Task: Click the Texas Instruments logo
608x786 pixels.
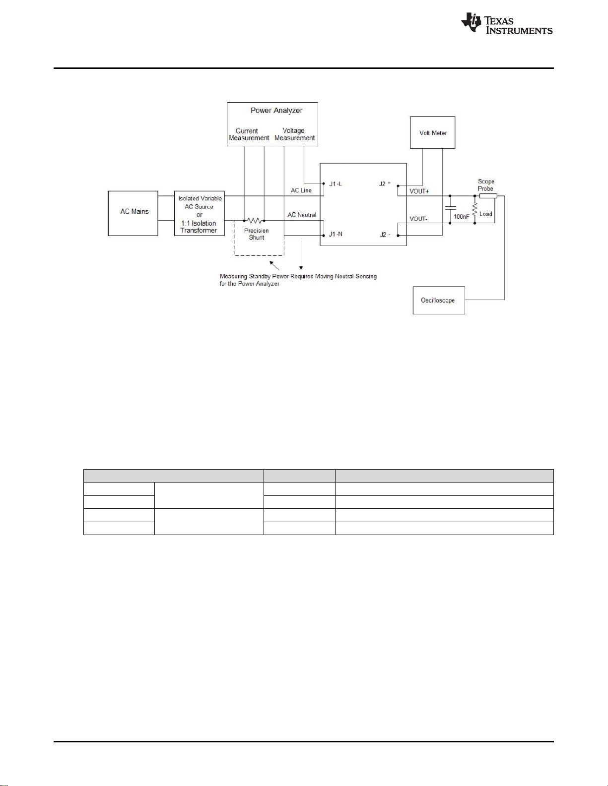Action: click(507, 23)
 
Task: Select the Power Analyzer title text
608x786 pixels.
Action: click(276, 111)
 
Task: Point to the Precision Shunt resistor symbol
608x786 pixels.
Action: click(254, 220)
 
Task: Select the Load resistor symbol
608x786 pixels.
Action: click(475, 209)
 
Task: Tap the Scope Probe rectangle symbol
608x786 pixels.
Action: click(488, 196)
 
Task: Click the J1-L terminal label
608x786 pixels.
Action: click(335, 184)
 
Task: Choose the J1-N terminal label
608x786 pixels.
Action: click(336, 234)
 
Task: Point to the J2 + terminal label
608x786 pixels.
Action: click(385, 184)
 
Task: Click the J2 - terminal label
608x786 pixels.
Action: click(385, 235)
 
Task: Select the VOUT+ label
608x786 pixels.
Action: click(419, 191)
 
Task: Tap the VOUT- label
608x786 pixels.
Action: click(418, 219)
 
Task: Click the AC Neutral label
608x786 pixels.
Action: click(301, 215)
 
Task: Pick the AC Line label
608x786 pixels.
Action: click(301, 190)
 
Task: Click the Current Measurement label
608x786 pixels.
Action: click(249, 134)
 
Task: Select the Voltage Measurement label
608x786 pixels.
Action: click(295, 134)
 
